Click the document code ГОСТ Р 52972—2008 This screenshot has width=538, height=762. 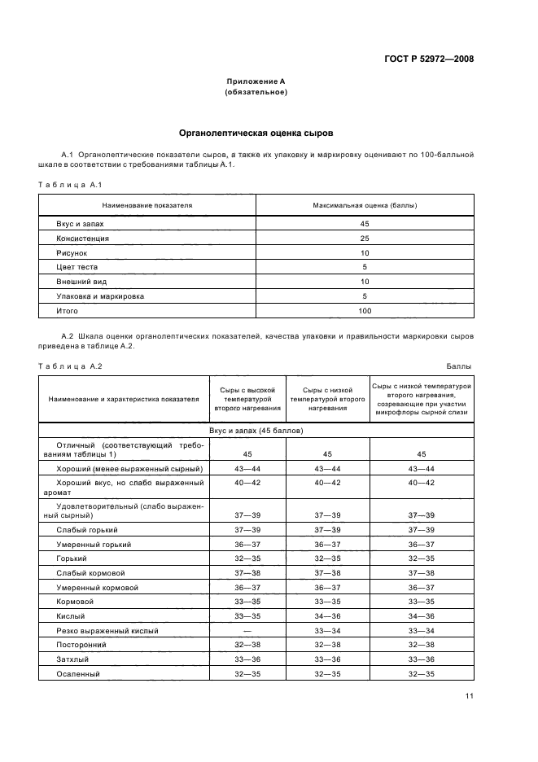tap(430, 59)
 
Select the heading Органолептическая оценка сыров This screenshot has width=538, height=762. tap(256, 132)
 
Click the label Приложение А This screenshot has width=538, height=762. tap(256, 82)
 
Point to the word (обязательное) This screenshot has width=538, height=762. tap(256, 93)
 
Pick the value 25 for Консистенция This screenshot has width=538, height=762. tap(365, 238)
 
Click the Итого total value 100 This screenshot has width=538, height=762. tap(365, 311)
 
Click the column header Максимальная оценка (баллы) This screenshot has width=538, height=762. tap(365, 205)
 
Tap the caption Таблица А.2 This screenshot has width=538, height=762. tap(69, 366)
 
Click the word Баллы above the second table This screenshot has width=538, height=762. tap(460, 366)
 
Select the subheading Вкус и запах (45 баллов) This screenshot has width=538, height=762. tap(256, 429)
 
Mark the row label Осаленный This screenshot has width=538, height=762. tap(78, 674)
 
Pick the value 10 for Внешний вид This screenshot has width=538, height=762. tap(365, 282)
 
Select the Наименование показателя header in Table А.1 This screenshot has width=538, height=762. tap(147, 205)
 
